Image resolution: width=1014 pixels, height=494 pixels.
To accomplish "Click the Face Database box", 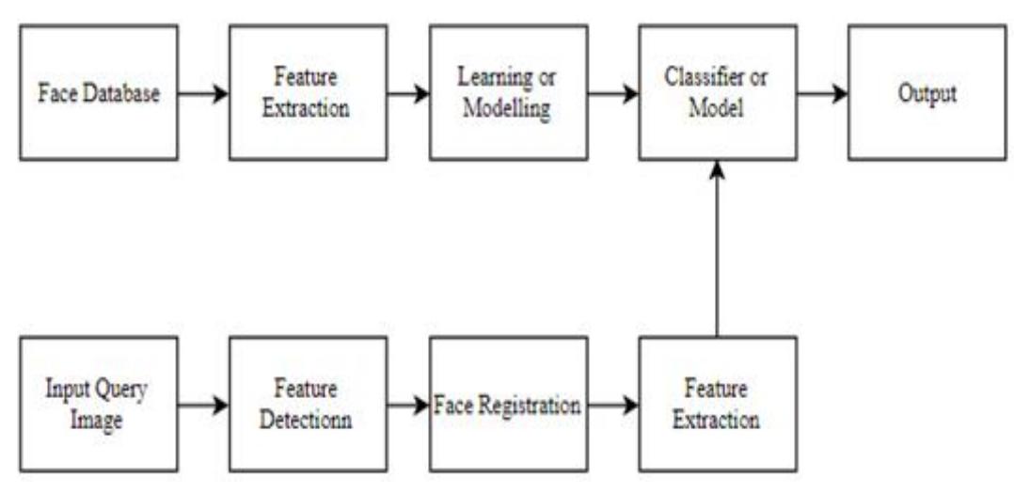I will pos(98,93).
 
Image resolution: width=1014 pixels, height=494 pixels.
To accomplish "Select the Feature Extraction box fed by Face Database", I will pos(308,93).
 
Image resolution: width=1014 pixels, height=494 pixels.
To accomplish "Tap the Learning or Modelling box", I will pos(508,93).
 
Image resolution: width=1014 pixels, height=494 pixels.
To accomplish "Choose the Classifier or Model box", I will pos(717,93).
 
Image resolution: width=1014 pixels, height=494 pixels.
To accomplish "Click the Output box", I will pos(927,93).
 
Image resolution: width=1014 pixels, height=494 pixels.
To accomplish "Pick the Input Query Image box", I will pos(98,405).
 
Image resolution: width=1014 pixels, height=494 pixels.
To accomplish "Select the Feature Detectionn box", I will pos(308,405).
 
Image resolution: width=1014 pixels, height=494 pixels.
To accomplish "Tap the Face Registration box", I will pos(508,405).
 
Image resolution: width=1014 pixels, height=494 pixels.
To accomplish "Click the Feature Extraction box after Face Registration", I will pos(717,405).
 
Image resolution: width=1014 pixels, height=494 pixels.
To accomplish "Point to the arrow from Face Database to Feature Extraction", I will pos(202,93).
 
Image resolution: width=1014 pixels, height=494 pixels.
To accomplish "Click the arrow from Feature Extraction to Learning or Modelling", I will pos(408,93).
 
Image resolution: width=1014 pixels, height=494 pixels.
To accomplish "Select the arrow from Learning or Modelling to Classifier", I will pos(613,93).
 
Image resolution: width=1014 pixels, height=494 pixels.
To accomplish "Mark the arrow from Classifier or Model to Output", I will pos(822,93).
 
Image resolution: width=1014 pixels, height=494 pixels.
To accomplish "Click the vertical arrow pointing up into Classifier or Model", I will pos(717,249).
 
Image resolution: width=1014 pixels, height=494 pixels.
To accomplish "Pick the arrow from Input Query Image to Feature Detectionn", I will pos(202,406).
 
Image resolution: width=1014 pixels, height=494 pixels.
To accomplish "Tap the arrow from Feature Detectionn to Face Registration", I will pos(408,406).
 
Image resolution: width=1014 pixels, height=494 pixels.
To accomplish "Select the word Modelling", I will pos(508,108).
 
